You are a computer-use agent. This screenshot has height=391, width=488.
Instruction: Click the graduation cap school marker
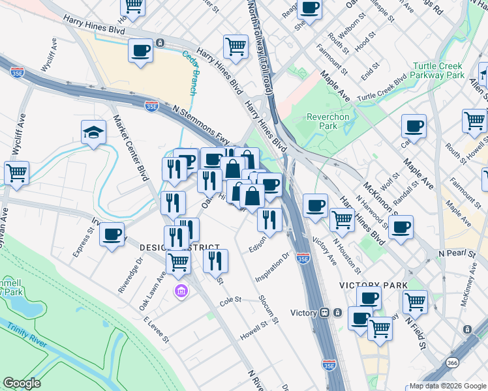coord(93,133)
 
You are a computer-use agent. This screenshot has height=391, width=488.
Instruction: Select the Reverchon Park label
coord(328,121)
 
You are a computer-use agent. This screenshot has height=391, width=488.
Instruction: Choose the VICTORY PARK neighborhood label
coord(373,285)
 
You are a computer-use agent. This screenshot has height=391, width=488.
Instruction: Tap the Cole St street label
coord(230,300)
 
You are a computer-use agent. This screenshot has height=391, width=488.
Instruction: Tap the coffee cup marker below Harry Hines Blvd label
coord(140,51)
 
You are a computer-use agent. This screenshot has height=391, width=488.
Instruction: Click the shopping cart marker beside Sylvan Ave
coord(16,173)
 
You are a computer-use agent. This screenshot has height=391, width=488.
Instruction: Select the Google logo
coord(22,383)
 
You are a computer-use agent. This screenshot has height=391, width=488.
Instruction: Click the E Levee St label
coord(157,330)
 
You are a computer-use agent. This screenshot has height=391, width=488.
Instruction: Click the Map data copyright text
coord(447,386)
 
